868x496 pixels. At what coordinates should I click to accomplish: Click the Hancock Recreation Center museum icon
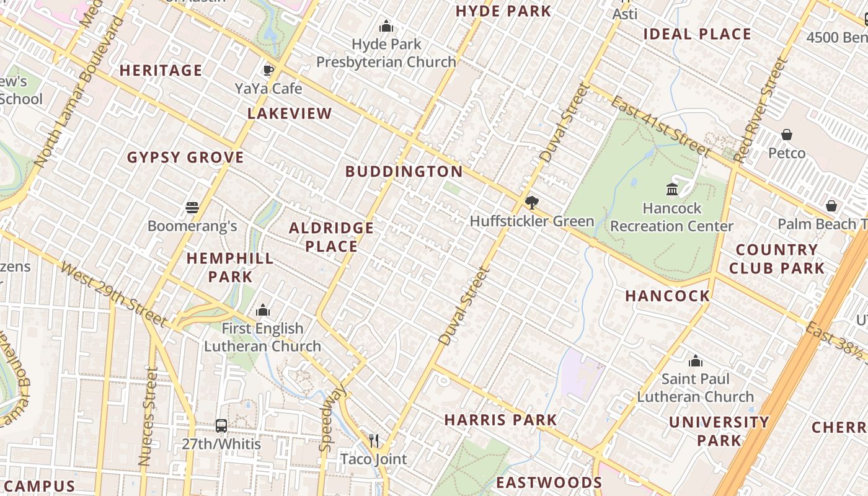click(x=671, y=189)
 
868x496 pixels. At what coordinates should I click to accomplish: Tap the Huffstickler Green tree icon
click(x=531, y=202)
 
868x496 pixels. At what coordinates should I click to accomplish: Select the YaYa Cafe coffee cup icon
click(x=268, y=70)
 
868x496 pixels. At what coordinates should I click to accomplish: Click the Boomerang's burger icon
click(x=192, y=207)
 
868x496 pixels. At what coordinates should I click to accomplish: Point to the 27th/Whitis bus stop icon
click(x=221, y=426)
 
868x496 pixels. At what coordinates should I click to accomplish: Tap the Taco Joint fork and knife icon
click(x=374, y=440)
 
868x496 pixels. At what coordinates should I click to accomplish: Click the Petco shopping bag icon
click(x=787, y=135)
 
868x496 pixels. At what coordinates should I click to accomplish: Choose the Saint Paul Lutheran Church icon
click(x=696, y=360)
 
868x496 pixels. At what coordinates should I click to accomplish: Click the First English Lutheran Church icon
click(x=263, y=309)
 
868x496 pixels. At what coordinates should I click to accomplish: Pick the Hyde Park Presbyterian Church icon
click(x=386, y=26)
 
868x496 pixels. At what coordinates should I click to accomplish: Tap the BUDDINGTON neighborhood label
click(x=404, y=172)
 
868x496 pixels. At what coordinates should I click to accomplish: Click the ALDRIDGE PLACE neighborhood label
click(x=331, y=237)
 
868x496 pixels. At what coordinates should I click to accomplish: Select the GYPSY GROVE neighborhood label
click(x=185, y=157)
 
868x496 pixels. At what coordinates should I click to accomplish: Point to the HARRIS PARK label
click(x=500, y=420)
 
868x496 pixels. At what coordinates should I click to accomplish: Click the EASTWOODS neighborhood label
click(x=549, y=483)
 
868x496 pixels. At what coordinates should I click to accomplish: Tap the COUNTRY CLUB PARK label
click(x=776, y=259)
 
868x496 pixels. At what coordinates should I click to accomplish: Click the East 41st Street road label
click(x=660, y=126)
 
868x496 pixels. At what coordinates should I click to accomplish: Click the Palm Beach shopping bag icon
click(x=831, y=206)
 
